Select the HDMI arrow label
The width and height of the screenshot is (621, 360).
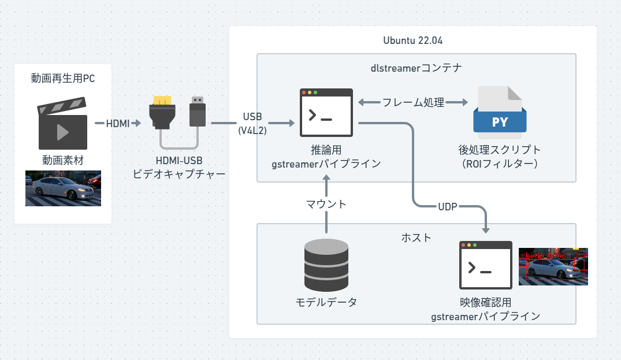(117, 123)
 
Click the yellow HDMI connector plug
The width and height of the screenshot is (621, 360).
(162, 112)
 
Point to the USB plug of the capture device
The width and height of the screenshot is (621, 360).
(198, 112)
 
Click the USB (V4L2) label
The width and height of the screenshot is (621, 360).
(252, 123)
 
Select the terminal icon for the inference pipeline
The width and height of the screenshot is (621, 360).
(326, 113)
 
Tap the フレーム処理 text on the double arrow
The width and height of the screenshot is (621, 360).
(412, 103)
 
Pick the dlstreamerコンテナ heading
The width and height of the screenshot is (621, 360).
(416, 68)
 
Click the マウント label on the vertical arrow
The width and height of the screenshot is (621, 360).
(326, 203)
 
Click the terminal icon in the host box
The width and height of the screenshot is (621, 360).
(486, 265)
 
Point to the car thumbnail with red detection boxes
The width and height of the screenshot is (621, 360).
(553, 266)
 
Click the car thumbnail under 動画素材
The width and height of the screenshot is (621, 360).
(63, 188)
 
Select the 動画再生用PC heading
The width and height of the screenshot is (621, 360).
(62, 79)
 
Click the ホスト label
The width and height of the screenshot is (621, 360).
(416, 237)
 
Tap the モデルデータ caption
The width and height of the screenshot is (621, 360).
(326, 302)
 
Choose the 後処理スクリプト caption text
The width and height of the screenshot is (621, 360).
(500, 150)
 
